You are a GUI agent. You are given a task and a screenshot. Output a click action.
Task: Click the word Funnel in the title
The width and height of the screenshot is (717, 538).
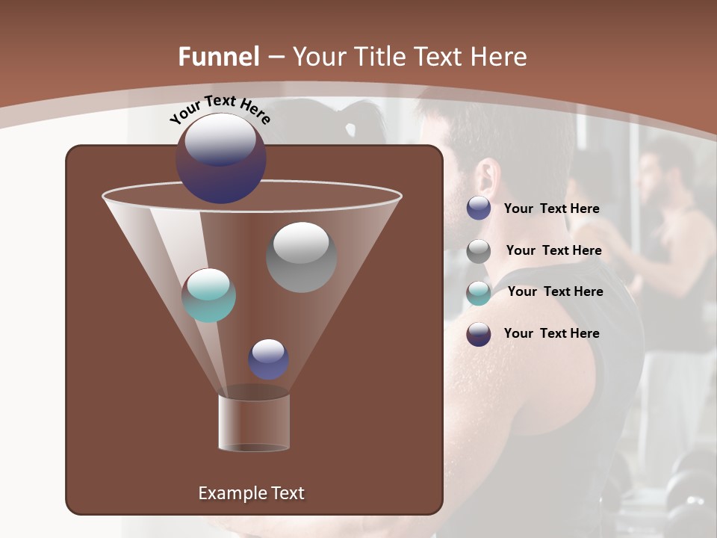[x=219, y=57]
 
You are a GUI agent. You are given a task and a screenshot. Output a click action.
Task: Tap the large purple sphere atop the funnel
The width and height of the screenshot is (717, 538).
[x=220, y=158]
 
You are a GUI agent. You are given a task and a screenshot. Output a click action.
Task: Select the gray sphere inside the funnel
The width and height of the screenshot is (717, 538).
[x=301, y=256]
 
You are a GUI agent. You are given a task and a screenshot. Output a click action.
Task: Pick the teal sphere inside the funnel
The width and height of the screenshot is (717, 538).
[x=208, y=295]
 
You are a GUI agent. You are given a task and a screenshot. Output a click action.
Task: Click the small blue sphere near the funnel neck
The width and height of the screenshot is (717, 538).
[x=268, y=359]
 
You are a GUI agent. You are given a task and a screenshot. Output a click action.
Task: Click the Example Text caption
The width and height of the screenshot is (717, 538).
[x=251, y=493]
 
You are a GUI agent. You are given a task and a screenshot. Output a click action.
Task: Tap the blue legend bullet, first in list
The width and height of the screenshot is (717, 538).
[x=479, y=208]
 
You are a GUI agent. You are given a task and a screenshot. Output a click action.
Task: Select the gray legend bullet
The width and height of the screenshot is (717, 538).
[x=479, y=251]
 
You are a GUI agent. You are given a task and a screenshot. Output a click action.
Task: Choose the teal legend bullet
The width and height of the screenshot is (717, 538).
[x=479, y=293]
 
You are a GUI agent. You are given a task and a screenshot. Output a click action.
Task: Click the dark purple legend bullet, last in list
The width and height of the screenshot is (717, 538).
[x=479, y=334]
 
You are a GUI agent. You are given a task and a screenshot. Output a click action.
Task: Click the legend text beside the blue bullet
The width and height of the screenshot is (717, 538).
[x=551, y=209]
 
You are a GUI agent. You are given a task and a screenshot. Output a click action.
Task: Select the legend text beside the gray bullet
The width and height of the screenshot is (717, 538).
[x=553, y=251]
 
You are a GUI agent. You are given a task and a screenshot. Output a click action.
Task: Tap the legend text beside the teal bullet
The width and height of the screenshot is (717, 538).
[x=555, y=292]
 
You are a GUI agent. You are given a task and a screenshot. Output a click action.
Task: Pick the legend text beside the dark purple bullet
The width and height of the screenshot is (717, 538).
[x=551, y=333]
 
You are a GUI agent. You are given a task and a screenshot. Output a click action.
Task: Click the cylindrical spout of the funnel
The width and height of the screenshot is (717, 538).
[x=254, y=422]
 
